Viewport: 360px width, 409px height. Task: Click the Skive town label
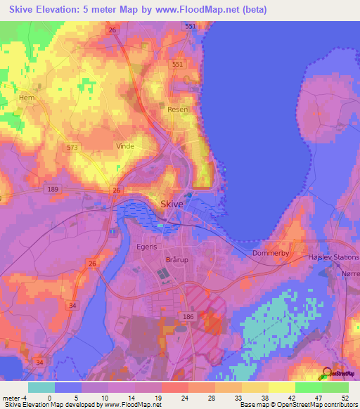tap(172, 204)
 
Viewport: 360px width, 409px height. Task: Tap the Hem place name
tap(27, 98)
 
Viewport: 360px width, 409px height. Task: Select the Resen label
tap(177, 110)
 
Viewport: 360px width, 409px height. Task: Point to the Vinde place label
tap(124, 146)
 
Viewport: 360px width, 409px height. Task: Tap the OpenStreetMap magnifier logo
tap(327, 374)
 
